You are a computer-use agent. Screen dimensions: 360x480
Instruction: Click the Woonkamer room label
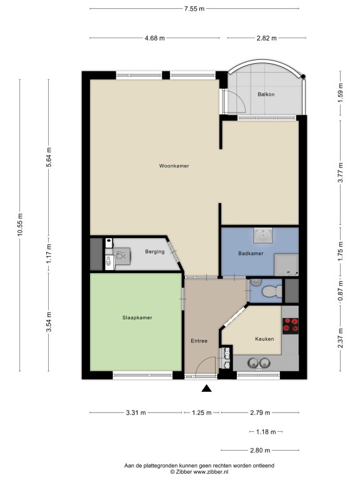point(174,166)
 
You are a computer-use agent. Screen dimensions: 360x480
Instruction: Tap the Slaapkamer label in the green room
point(137,317)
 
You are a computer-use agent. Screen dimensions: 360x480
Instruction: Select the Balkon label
point(266,94)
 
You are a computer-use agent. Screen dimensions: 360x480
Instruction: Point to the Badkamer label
point(251,254)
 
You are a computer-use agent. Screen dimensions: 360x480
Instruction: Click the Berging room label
point(154,252)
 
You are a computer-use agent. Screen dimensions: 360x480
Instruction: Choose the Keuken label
point(264,339)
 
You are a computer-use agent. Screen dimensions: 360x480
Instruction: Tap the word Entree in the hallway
point(199,341)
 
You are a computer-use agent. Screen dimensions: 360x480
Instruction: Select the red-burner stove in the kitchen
point(290,326)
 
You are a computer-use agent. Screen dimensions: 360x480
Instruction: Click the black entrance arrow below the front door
point(207,389)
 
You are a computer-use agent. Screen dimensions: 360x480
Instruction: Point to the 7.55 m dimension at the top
point(194,9)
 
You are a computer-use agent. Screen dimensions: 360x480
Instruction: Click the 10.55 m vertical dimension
point(20,224)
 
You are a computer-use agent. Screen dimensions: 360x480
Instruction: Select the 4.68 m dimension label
point(154,38)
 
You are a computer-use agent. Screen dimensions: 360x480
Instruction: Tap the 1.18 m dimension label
point(266,432)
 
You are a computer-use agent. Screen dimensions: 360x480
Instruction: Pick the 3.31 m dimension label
point(136,412)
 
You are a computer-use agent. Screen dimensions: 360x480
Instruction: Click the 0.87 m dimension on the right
point(341,291)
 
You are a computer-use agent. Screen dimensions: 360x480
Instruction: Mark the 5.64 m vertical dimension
point(48,157)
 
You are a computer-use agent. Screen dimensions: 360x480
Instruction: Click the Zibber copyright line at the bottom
point(199,472)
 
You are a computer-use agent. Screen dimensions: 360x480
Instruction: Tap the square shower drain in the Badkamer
point(262,236)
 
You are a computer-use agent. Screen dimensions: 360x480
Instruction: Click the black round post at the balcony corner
point(302,76)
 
